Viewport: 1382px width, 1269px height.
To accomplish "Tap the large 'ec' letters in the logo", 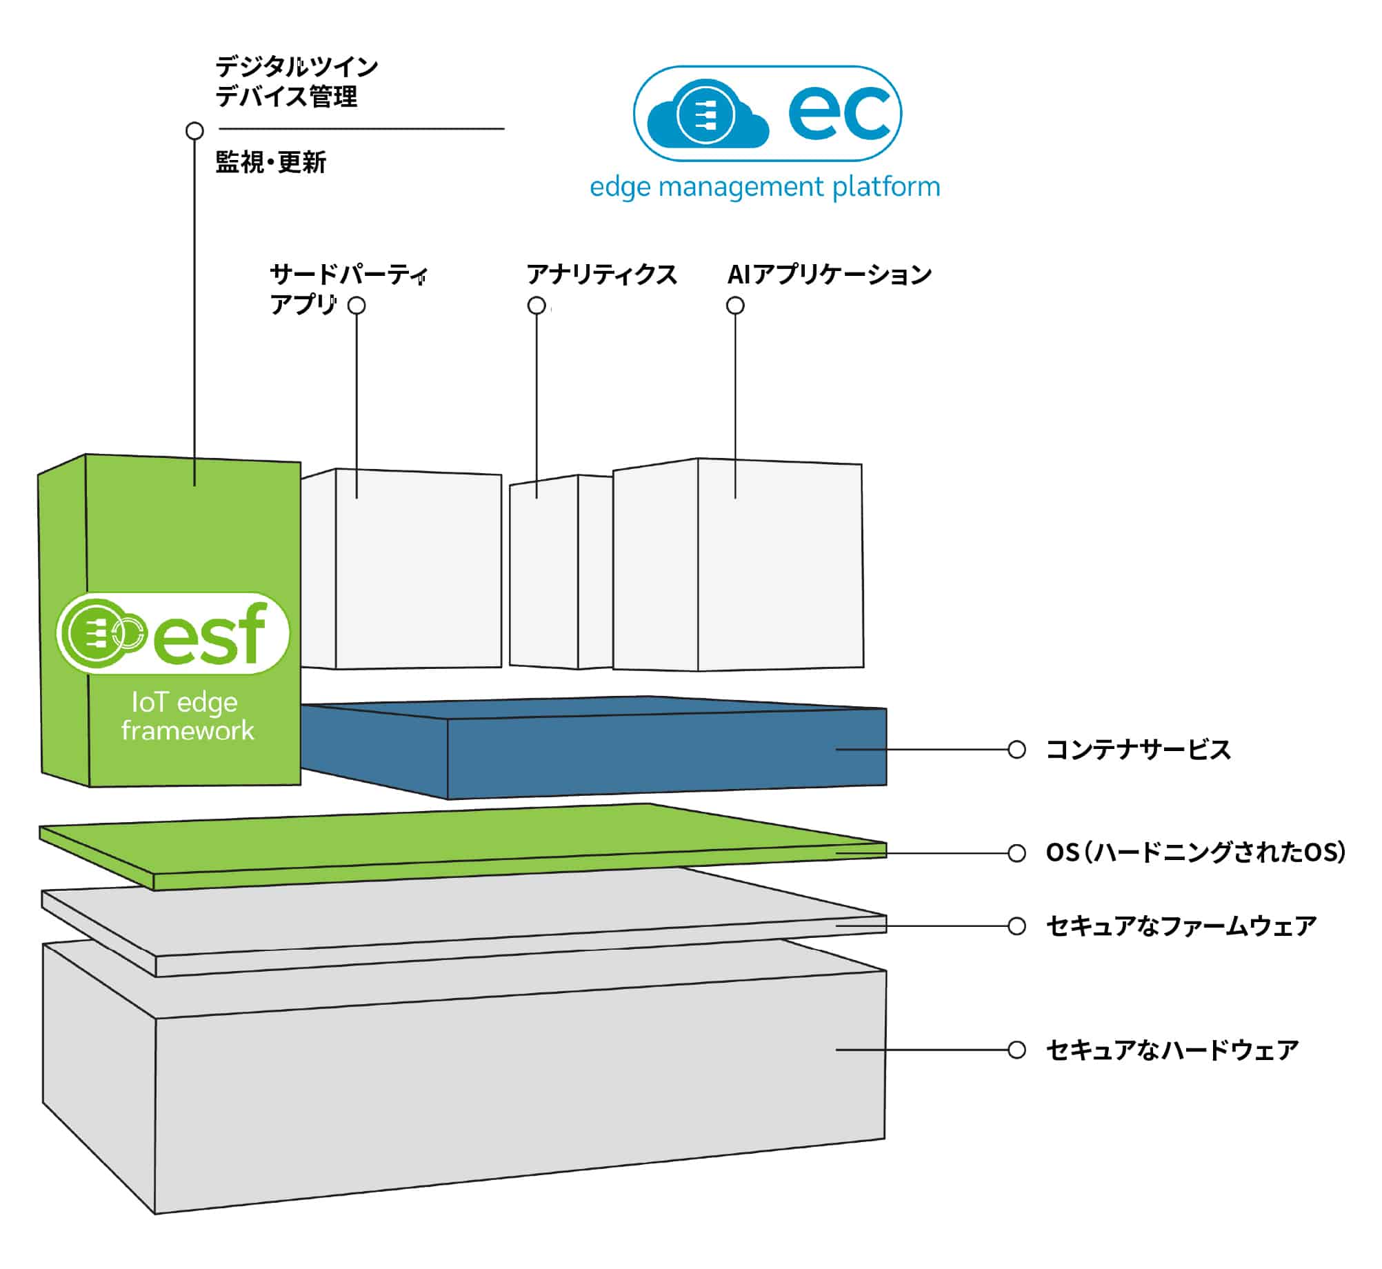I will tap(840, 113).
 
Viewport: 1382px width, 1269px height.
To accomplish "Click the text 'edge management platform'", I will tap(765, 187).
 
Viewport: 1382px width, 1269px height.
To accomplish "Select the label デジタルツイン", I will tap(297, 67).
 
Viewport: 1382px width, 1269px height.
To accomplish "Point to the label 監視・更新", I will tap(270, 163).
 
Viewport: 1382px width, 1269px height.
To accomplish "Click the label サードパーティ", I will tap(348, 274).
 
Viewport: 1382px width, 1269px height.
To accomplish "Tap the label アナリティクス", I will tap(601, 274).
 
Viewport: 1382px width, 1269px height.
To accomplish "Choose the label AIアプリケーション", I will tap(829, 274).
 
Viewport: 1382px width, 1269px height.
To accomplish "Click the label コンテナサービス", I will tap(1138, 750).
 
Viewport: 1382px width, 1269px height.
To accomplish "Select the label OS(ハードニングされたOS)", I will tap(1195, 852).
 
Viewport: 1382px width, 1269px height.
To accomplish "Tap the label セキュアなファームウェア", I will tap(1181, 926).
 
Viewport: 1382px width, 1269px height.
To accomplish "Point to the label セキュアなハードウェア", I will tap(1172, 1050).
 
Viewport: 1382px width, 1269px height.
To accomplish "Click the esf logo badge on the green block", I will tap(172, 633).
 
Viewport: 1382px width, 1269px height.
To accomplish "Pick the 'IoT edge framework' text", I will tap(187, 716).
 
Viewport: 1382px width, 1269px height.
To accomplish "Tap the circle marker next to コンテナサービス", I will tap(1017, 750).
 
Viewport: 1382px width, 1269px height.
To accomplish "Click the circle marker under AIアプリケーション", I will tap(736, 306).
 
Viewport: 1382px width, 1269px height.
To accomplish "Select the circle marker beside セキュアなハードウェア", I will tap(1017, 1050).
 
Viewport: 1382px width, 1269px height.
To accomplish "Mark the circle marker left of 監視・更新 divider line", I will tap(195, 130).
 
